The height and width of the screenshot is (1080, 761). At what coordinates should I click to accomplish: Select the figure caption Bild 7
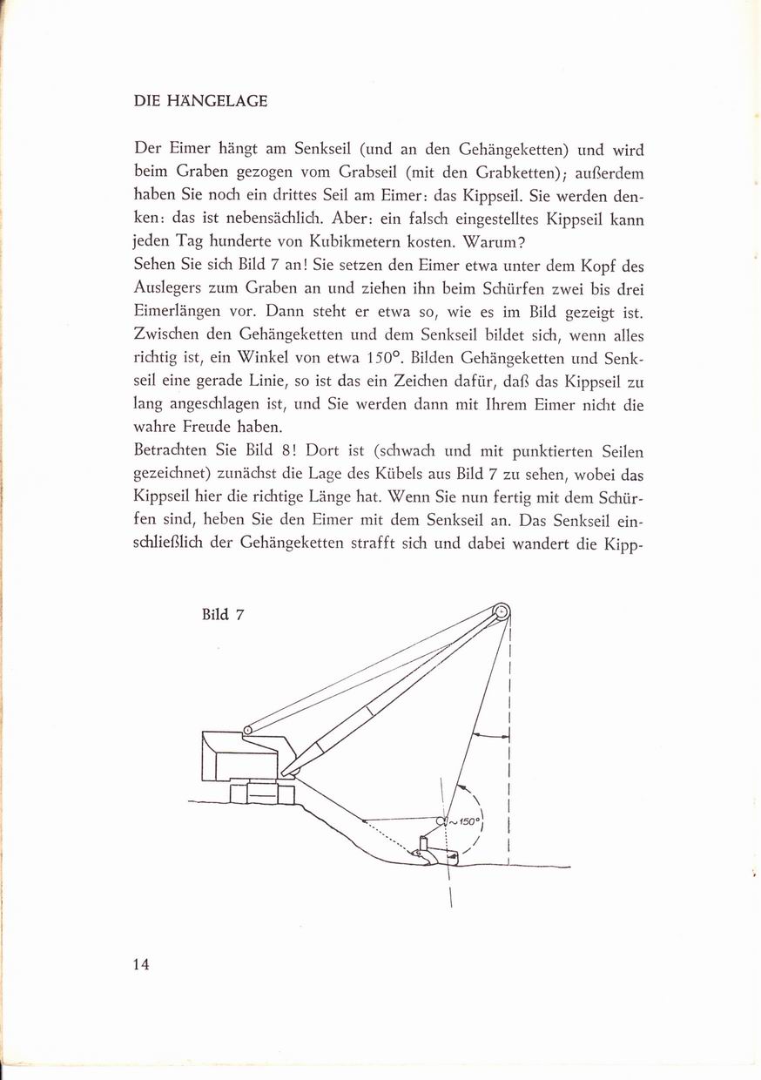pyautogui.click(x=222, y=614)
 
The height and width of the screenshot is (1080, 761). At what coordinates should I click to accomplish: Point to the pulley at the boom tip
pyautogui.click(x=502, y=611)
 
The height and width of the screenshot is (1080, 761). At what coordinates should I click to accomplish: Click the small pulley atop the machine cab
pyautogui.click(x=247, y=730)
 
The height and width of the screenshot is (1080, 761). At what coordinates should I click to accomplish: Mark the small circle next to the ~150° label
pyautogui.click(x=441, y=820)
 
